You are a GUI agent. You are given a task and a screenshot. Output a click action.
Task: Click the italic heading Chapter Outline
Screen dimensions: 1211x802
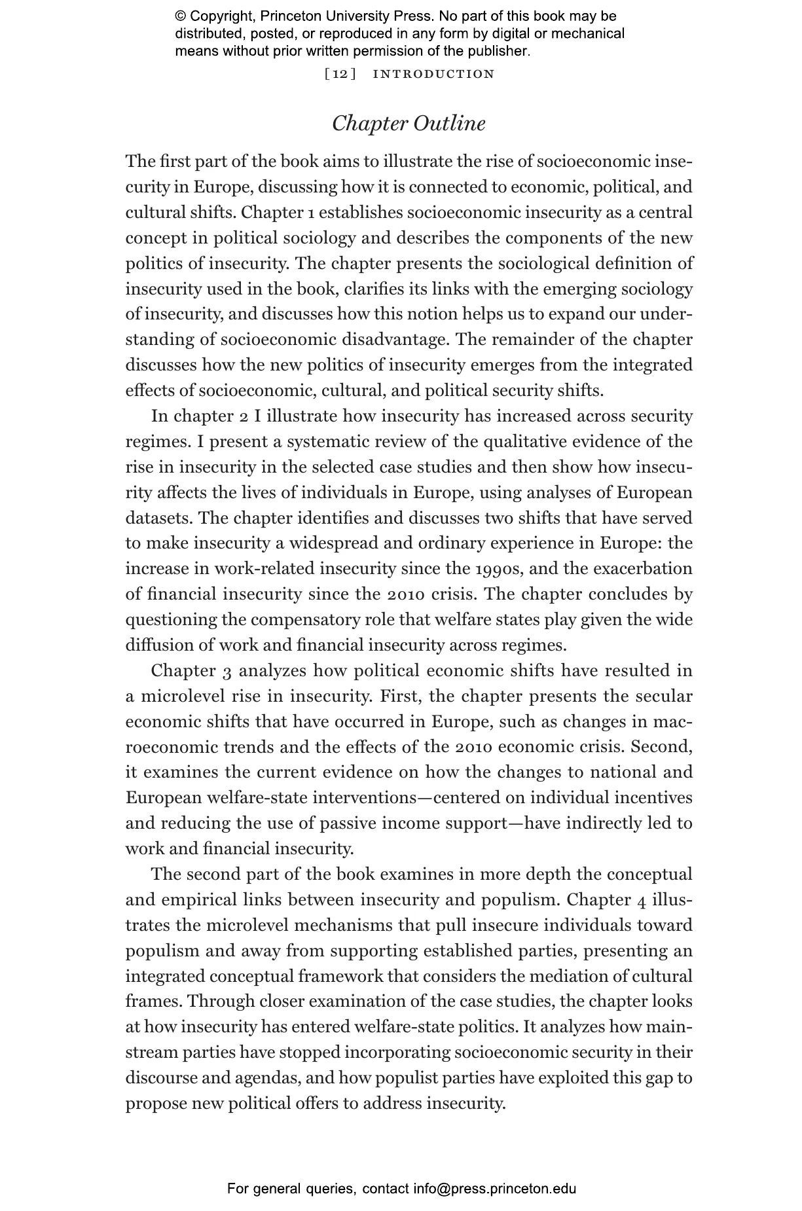click(409, 124)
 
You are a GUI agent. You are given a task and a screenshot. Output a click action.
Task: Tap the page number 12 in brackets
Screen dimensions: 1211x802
click(340, 74)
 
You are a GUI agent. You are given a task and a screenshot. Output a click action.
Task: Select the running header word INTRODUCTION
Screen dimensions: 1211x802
click(433, 74)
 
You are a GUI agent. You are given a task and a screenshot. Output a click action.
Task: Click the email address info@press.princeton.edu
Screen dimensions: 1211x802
click(494, 1189)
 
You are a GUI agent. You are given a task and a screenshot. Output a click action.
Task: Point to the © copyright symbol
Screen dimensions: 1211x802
click(181, 16)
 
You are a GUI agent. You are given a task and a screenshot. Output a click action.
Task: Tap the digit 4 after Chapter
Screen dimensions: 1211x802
click(642, 901)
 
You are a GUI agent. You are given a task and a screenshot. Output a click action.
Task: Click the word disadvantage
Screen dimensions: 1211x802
click(395, 340)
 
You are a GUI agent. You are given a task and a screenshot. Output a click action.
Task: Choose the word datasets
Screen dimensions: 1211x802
click(158, 518)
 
